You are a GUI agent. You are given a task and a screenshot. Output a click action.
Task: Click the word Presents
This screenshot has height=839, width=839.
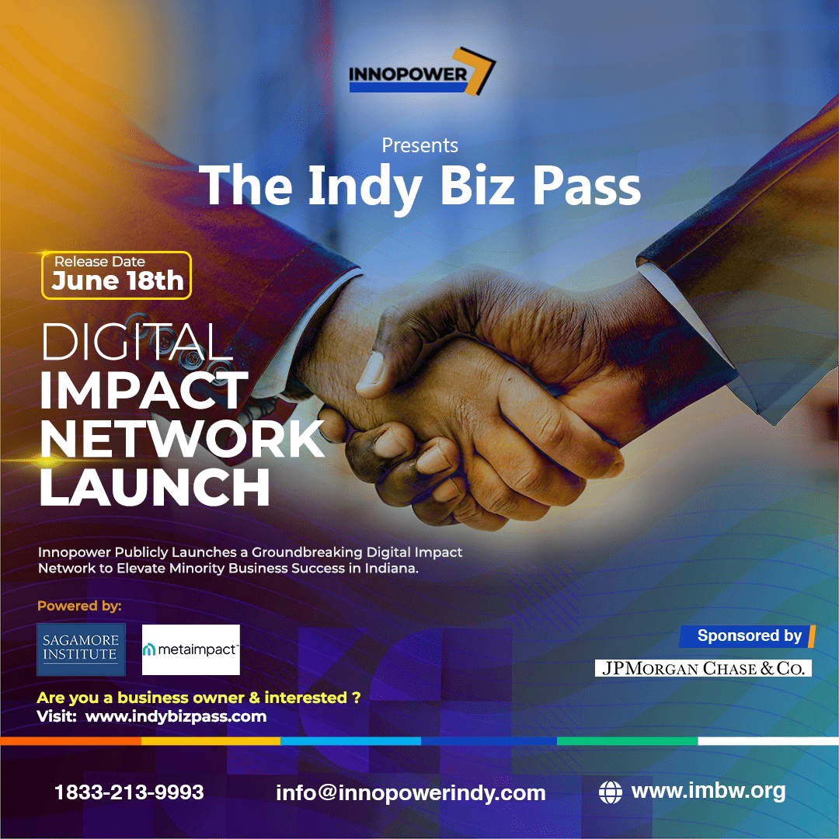click(419, 145)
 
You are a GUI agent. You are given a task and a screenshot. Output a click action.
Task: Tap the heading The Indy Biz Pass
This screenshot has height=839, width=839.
click(420, 186)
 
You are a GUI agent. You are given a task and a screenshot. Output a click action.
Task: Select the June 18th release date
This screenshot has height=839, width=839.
click(117, 280)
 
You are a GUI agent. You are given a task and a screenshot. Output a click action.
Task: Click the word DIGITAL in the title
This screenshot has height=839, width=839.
click(137, 342)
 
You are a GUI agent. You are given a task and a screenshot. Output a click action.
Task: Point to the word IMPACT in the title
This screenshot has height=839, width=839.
click(144, 391)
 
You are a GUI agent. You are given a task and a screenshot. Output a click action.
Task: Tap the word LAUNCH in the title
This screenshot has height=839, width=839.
click(155, 487)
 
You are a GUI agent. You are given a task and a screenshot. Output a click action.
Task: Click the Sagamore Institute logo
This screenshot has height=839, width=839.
click(81, 649)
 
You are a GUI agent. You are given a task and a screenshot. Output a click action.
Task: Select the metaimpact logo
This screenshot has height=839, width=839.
click(191, 649)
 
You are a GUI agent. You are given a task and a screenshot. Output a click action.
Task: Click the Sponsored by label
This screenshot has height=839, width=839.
click(749, 636)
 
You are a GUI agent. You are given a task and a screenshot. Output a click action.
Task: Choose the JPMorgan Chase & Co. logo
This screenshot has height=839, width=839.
click(703, 668)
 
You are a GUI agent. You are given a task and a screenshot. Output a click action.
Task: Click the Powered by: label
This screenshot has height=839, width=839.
click(79, 606)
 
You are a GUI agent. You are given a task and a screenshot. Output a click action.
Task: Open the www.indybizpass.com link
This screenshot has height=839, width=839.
click(176, 717)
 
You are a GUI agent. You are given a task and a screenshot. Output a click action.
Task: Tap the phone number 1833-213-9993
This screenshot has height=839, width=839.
click(129, 792)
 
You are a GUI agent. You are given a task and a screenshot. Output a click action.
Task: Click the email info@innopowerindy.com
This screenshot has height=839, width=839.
click(410, 793)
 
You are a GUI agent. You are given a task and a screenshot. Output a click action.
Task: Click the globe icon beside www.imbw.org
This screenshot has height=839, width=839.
click(611, 792)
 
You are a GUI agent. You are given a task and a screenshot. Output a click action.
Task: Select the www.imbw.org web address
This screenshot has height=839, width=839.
click(708, 792)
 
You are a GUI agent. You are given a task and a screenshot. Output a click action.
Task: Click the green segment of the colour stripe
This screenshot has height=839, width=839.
click(627, 741)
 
